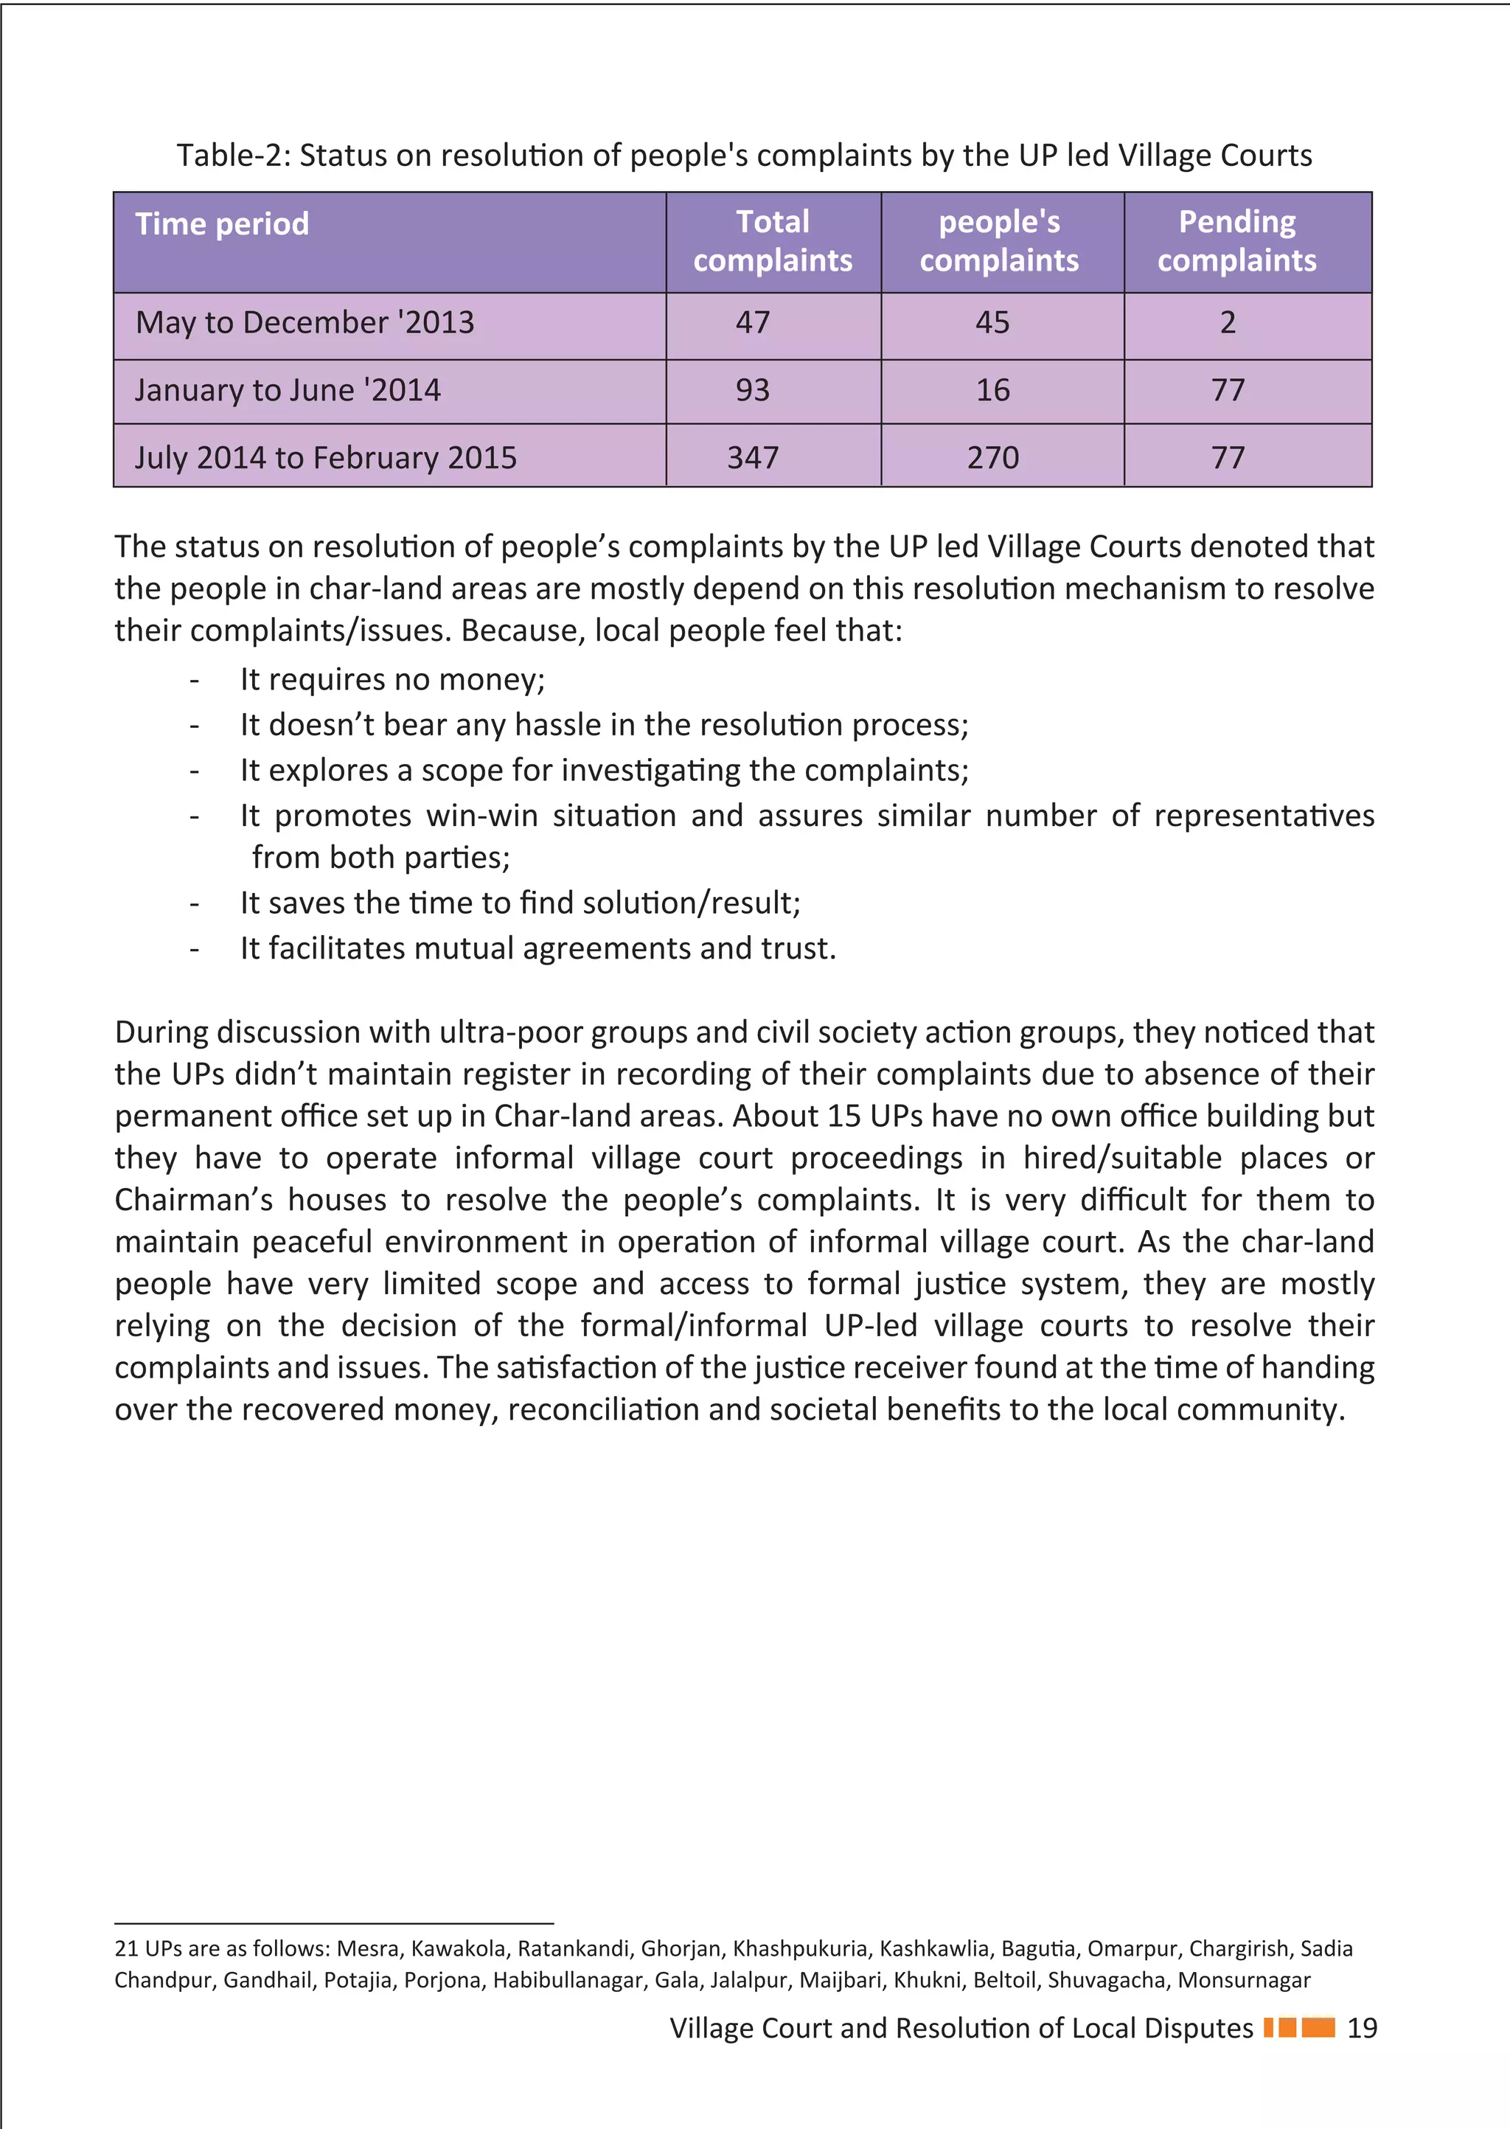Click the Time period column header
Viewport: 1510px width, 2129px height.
(x=221, y=224)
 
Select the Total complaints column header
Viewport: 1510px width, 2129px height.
(x=773, y=241)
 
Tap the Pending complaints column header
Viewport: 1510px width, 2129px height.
(x=1236, y=241)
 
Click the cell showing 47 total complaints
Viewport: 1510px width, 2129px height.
(x=752, y=322)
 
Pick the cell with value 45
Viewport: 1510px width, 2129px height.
(x=992, y=322)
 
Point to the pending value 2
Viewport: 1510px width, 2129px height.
(x=1228, y=322)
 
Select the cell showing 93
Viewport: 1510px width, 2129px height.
(x=752, y=389)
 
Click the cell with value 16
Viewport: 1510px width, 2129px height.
(x=992, y=389)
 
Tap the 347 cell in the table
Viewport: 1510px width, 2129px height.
(x=752, y=457)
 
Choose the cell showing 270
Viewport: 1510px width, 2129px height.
(x=992, y=457)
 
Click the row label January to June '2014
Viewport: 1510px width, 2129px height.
(x=288, y=389)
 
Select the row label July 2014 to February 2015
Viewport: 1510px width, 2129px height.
(x=325, y=457)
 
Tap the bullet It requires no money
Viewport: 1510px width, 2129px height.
(x=392, y=680)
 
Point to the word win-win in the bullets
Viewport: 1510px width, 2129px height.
(x=481, y=816)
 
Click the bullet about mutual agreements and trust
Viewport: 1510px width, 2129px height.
(x=537, y=948)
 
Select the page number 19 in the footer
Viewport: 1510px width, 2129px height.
(x=1361, y=2028)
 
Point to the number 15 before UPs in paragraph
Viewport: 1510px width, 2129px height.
(x=843, y=1116)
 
